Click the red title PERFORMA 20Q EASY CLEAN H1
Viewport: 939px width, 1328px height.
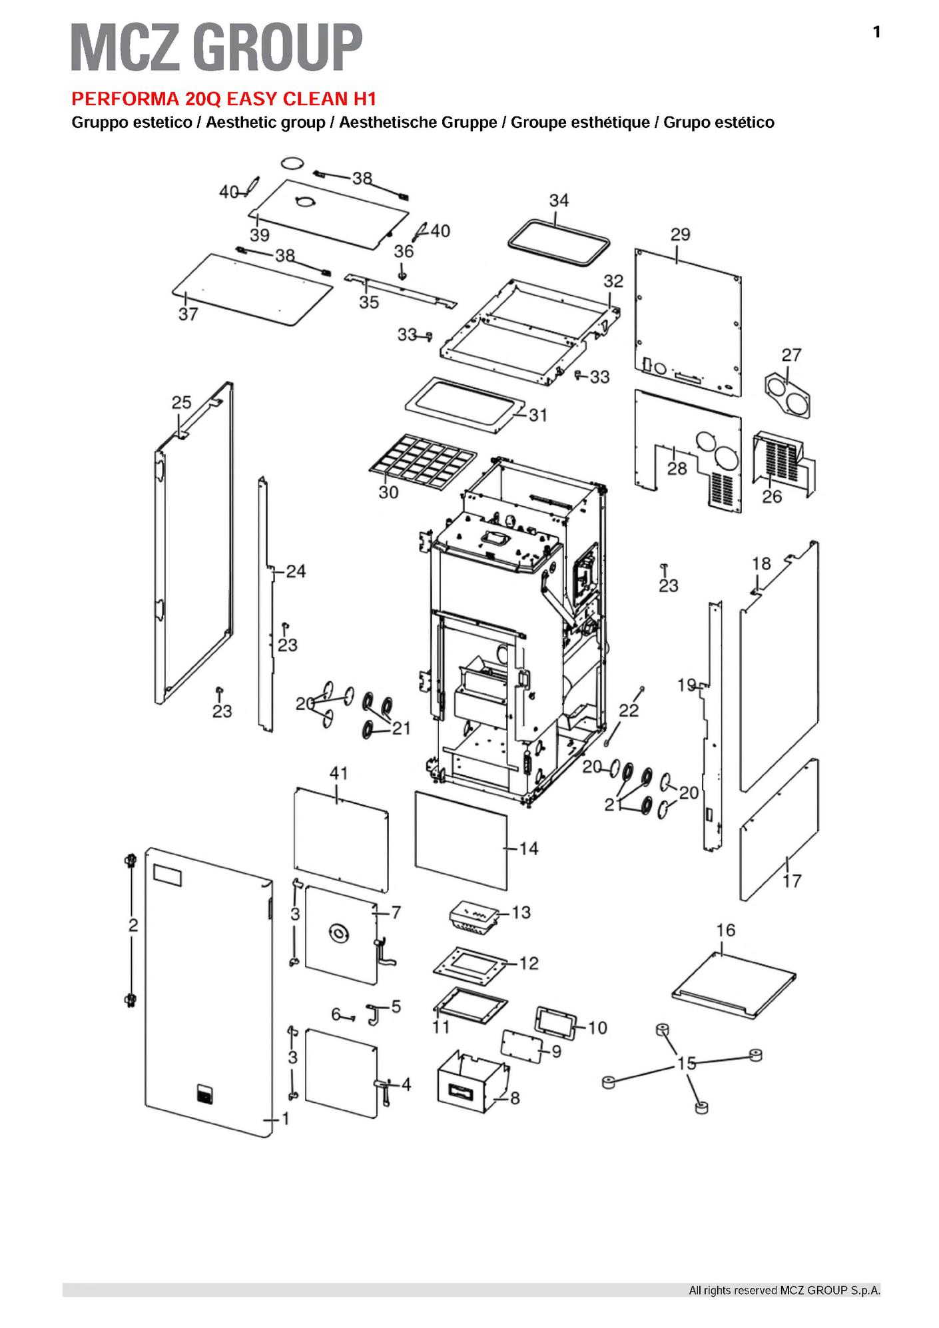click(x=224, y=99)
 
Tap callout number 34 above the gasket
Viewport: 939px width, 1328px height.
click(x=559, y=200)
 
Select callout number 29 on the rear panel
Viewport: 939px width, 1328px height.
click(x=680, y=234)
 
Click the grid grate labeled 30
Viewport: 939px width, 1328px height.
click(x=423, y=459)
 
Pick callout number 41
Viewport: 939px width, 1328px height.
click(x=339, y=773)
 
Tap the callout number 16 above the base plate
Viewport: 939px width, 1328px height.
click(x=725, y=930)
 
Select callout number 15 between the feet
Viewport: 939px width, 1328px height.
click(x=686, y=1064)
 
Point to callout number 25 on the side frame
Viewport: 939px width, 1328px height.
click(x=181, y=403)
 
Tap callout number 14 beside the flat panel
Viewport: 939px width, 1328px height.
click(x=528, y=848)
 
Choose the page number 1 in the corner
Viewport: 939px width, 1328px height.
click(x=876, y=32)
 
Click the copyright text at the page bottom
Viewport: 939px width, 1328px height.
click(x=784, y=1290)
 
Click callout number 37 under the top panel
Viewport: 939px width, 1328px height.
click(x=188, y=314)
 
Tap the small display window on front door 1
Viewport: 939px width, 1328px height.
click(x=167, y=874)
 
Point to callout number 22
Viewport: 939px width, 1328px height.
click(x=629, y=710)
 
